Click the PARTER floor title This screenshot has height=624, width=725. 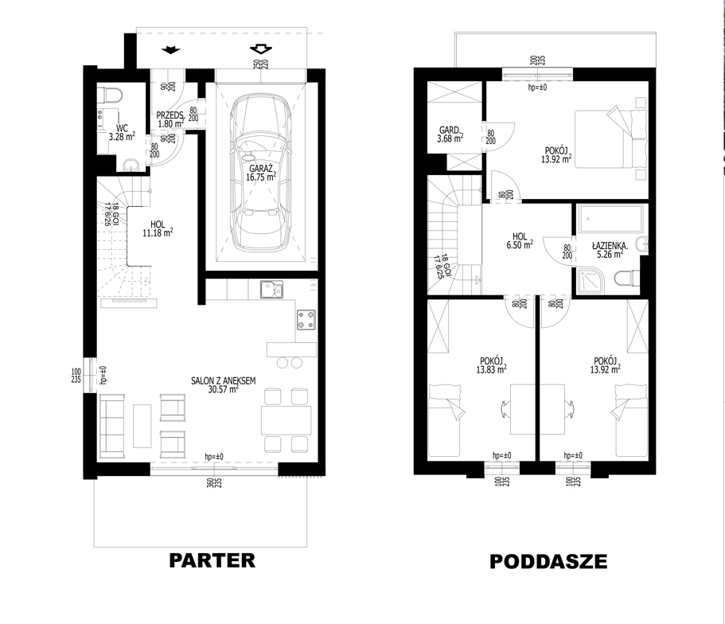point(212,560)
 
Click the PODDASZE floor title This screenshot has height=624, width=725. point(548,562)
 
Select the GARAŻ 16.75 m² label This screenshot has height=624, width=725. point(261,173)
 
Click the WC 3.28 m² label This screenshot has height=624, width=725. point(122,132)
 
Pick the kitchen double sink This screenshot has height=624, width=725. point(271,290)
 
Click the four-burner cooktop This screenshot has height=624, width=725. point(306,320)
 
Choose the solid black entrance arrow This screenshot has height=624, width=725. point(171,50)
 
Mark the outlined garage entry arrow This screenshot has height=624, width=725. point(261,49)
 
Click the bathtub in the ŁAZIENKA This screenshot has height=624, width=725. point(611,219)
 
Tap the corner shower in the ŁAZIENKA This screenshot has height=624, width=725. point(593,280)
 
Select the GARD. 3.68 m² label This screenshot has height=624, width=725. point(450,135)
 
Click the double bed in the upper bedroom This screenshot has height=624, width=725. point(610,138)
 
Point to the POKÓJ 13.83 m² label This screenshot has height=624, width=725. point(491,365)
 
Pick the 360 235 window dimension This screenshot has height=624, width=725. point(214,483)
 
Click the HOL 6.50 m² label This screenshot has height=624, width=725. point(520,241)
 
